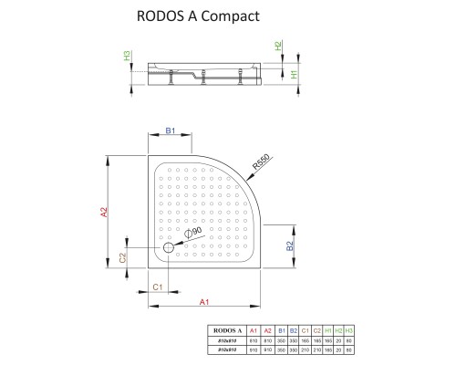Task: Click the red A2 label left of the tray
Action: pos(105,213)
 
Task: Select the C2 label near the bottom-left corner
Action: pos(123,260)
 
